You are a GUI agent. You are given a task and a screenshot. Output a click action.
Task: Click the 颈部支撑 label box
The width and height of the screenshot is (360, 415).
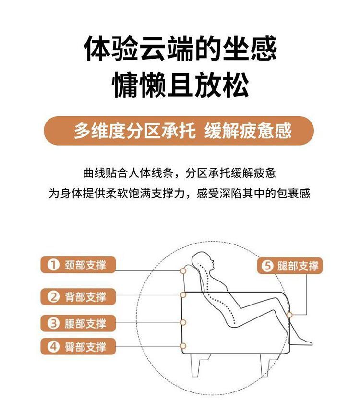click(x=78, y=265)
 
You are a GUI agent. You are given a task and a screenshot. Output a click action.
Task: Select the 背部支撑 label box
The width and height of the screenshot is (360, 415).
click(x=78, y=296)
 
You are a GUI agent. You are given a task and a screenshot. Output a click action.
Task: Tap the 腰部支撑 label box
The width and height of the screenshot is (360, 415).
click(x=78, y=323)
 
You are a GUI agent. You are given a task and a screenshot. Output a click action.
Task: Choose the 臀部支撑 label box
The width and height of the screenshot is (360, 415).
click(x=78, y=346)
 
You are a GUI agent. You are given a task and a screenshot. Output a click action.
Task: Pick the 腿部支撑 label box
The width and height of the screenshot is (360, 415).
click(x=290, y=266)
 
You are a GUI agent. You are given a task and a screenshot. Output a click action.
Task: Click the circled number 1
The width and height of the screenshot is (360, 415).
click(x=53, y=265)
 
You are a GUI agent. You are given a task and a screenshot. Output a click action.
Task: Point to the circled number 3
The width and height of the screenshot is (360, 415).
click(x=53, y=323)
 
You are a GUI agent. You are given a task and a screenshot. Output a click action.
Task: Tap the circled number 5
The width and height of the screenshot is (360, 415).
click(x=267, y=266)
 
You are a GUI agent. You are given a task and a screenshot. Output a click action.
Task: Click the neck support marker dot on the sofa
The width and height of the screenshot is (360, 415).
click(x=183, y=271)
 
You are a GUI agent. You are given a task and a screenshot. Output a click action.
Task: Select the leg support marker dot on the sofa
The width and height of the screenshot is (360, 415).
click(x=289, y=315)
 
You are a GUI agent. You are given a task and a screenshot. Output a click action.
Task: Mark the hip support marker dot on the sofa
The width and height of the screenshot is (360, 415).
click(x=183, y=346)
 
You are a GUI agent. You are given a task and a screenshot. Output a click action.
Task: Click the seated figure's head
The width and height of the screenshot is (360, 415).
click(x=203, y=261)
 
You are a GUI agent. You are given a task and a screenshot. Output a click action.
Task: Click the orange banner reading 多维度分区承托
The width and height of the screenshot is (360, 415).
click(x=179, y=131)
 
